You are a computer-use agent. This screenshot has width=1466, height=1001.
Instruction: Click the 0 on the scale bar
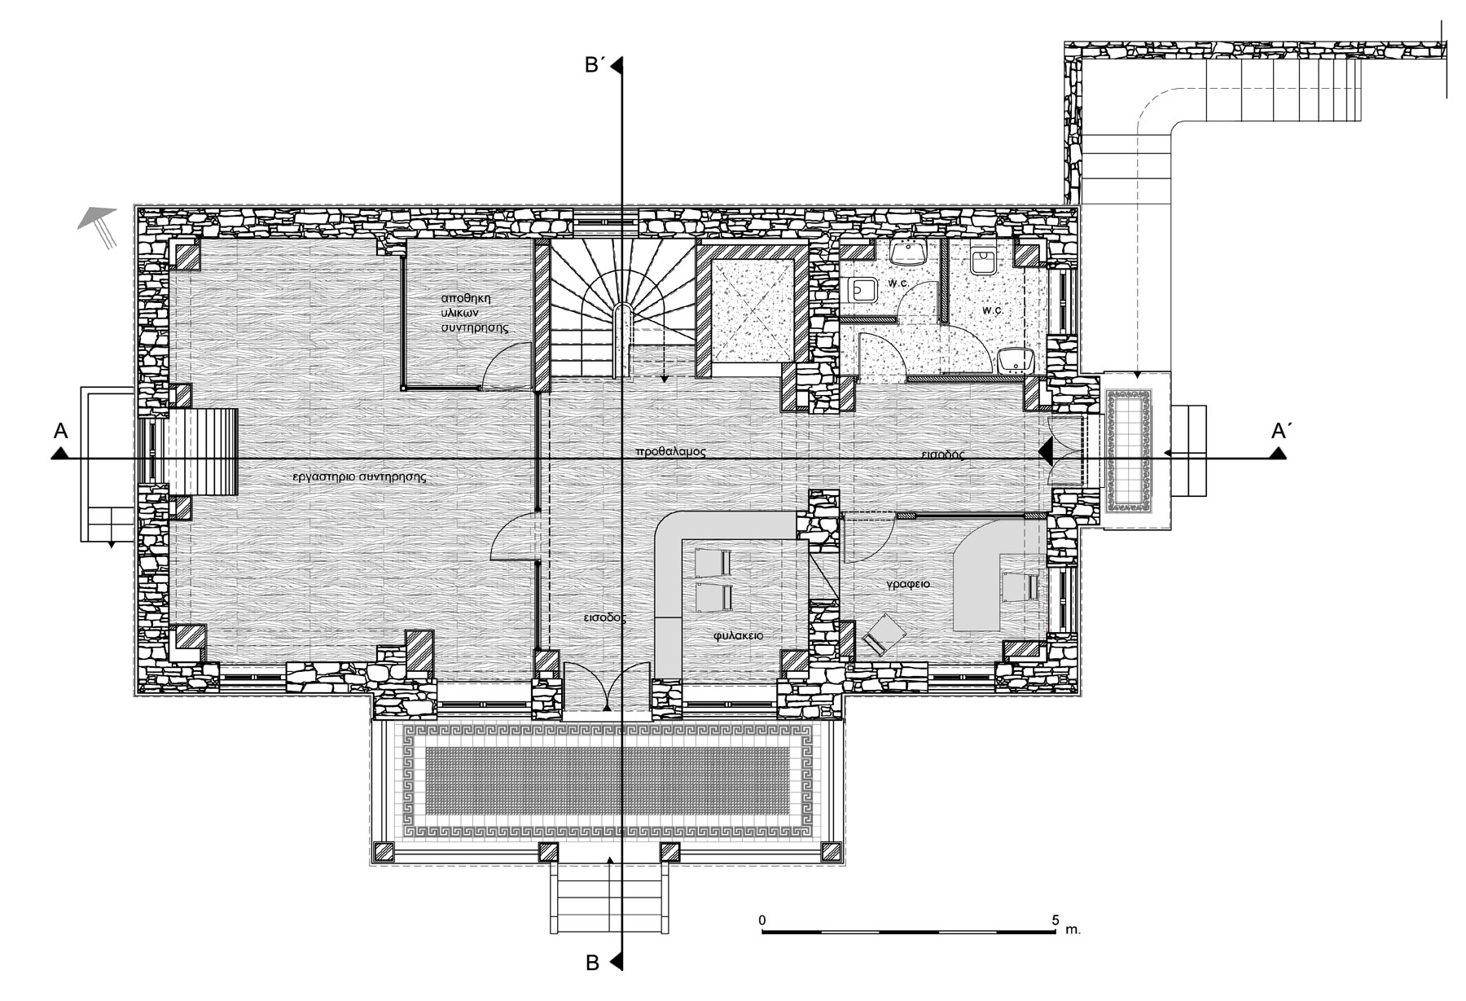pos(762,920)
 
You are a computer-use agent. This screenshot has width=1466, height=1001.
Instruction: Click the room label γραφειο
pos(909,585)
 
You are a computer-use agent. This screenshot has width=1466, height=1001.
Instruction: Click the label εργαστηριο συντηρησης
pos(360,477)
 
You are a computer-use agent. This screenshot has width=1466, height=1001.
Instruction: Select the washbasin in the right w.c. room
pos(1015,358)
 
